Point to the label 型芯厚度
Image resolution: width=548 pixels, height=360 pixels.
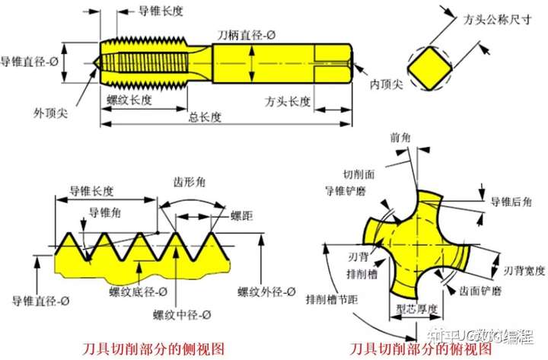tap(418, 310)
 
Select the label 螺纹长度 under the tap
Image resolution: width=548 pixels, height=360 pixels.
tap(131, 100)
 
